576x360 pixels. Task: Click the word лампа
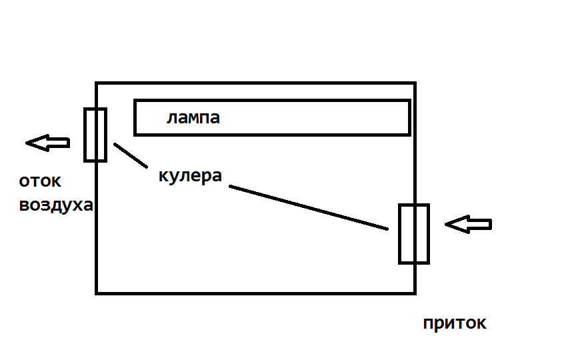point(193,119)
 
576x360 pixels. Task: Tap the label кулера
point(190,176)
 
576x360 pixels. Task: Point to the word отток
point(40,181)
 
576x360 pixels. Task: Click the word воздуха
point(56,205)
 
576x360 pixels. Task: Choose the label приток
point(455,323)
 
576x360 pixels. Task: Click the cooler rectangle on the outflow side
point(95,135)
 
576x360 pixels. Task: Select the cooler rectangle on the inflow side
point(414,233)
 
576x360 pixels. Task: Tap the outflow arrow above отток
point(47,142)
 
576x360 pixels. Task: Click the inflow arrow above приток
point(468,225)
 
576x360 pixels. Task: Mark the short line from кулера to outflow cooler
point(131,155)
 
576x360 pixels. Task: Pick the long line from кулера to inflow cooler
point(308,208)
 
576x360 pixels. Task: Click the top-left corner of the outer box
point(97,83)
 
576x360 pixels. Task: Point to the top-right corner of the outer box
point(415,83)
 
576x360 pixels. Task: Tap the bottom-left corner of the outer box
point(97,293)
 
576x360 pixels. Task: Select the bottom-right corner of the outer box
point(415,293)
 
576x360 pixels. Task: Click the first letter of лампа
point(171,119)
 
